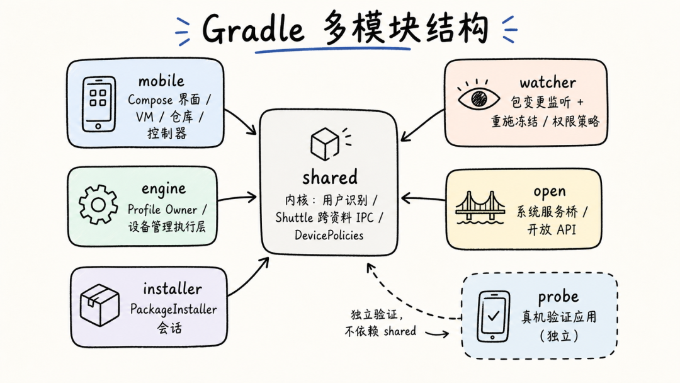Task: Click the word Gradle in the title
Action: tap(253, 28)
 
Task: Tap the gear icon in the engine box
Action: tap(98, 204)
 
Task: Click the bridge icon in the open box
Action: tap(480, 208)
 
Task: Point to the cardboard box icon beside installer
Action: tap(99, 305)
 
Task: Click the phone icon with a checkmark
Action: tap(493, 317)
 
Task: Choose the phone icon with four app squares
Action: tap(98, 104)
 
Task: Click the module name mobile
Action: tap(161, 81)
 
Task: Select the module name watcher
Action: tap(548, 83)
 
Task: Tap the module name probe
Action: tap(558, 297)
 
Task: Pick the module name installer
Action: tap(172, 289)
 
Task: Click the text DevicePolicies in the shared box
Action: tap(329, 236)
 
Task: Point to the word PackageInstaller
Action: tap(174, 310)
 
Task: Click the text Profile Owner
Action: tap(162, 210)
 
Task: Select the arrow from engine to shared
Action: tap(237, 198)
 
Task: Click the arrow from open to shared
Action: tap(423, 198)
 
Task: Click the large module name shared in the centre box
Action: tap(330, 178)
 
